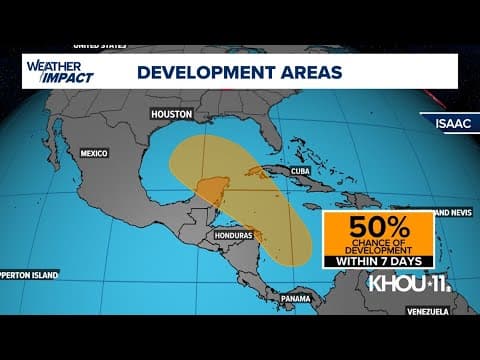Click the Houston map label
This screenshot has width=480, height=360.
coord(170,114)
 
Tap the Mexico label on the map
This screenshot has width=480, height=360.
coord(93,153)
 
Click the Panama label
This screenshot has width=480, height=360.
coord(295,299)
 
